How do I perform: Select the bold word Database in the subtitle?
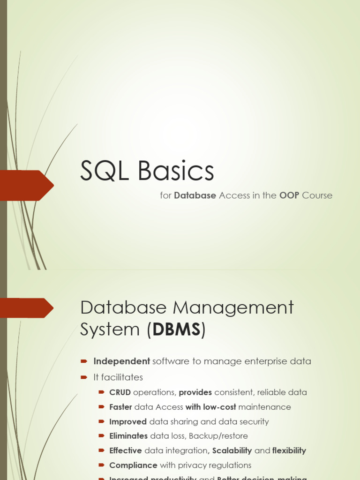pyautogui.click(x=195, y=195)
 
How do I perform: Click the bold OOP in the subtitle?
pyautogui.click(x=289, y=195)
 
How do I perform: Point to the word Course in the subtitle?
pyautogui.click(x=317, y=195)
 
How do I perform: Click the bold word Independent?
pyautogui.click(x=121, y=361)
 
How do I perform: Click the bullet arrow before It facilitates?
pyautogui.click(x=84, y=377)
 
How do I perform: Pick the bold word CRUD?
pyautogui.click(x=120, y=392)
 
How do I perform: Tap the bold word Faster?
pyautogui.click(x=120, y=407)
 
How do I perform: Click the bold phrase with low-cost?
pyautogui.click(x=210, y=407)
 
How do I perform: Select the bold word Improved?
pyautogui.click(x=128, y=421)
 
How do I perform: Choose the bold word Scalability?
pyautogui.click(x=232, y=450)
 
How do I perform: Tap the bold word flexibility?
pyautogui.click(x=289, y=450)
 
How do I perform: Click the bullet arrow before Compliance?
pyautogui.click(x=102, y=465)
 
